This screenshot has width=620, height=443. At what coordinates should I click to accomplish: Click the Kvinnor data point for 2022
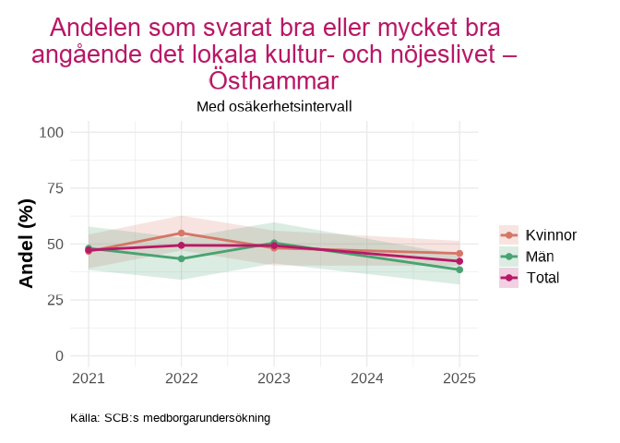(181, 233)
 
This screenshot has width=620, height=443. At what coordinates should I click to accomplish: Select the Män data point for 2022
(181, 258)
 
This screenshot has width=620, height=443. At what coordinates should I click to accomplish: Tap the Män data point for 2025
(459, 269)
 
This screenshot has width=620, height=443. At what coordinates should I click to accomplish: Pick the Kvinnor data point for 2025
(459, 253)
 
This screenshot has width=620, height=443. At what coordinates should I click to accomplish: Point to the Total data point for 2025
(459, 261)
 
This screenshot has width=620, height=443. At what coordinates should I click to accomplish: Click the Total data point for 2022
(181, 245)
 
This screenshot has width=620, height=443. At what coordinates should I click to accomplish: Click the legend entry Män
(540, 257)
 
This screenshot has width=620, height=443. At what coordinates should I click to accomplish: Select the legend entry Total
(542, 278)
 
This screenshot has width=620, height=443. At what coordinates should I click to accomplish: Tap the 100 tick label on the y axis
(51, 132)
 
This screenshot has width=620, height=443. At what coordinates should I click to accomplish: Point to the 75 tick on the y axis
(54, 188)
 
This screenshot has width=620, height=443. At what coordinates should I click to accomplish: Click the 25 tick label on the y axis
(54, 300)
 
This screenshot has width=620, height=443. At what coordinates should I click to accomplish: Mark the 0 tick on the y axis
(59, 355)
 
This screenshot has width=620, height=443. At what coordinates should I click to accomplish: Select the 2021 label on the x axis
(89, 378)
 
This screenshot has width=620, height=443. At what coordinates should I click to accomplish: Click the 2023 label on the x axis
(274, 378)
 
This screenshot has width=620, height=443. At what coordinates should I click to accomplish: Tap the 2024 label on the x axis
(367, 378)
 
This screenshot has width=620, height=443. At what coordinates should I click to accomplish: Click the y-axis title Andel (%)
(27, 244)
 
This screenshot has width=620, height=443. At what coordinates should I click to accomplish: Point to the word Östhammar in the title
(274, 79)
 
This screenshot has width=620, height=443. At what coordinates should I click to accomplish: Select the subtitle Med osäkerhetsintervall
(274, 106)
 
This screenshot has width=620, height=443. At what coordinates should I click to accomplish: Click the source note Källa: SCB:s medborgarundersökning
(170, 418)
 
